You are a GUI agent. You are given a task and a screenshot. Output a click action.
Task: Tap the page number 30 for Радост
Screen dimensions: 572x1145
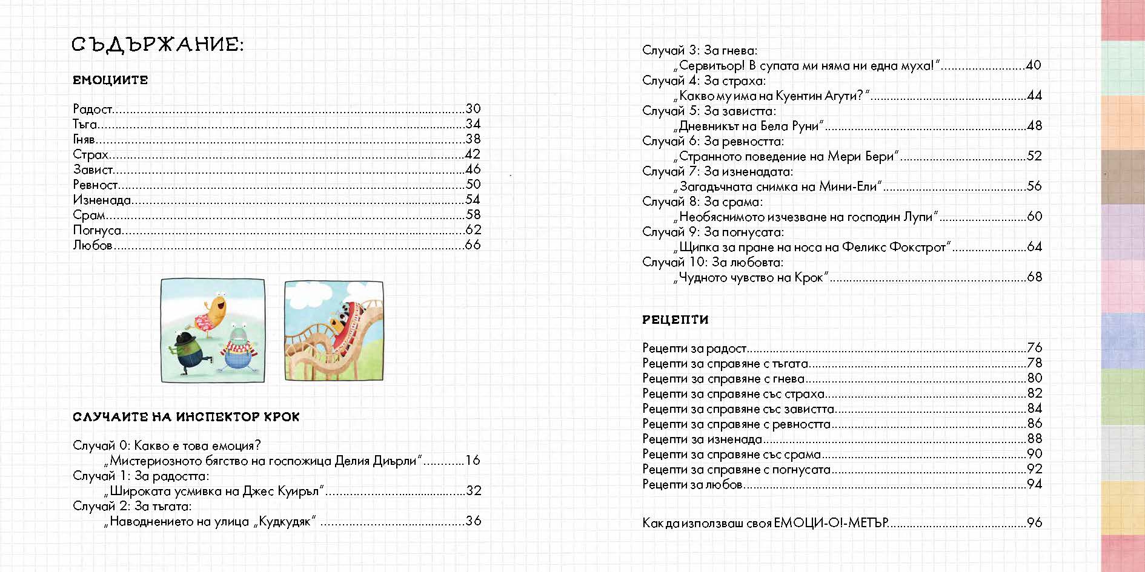click(x=473, y=109)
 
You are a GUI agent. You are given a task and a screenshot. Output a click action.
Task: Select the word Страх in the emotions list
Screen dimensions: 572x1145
click(x=90, y=154)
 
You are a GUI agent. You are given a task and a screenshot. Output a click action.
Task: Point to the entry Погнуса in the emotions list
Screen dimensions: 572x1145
click(x=97, y=230)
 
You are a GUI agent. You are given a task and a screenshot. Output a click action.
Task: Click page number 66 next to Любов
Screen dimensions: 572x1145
click(x=473, y=245)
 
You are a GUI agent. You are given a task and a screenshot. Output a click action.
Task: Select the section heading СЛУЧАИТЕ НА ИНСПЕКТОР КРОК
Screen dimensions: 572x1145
click(x=186, y=417)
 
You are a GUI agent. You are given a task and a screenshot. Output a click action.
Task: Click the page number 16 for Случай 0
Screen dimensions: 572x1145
click(x=473, y=461)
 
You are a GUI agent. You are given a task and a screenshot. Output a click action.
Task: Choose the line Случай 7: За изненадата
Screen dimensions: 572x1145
click(x=717, y=171)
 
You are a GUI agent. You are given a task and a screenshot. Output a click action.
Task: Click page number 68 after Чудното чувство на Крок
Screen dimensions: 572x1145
click(x=1034, y=277)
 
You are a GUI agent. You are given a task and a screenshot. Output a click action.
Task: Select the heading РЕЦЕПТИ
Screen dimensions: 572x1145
click(x=675, y=320)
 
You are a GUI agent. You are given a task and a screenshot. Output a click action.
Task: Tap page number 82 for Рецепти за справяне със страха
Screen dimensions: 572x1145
click(x=1034, y=393)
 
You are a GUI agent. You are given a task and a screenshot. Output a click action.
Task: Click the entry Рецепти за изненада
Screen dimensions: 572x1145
click(x=702, y=439)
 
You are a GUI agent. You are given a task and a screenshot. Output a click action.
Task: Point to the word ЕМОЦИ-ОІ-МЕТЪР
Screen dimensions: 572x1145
click(x=831, y=522)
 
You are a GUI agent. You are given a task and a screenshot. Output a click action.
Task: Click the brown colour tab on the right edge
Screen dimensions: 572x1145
click(x=1122, y=177)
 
